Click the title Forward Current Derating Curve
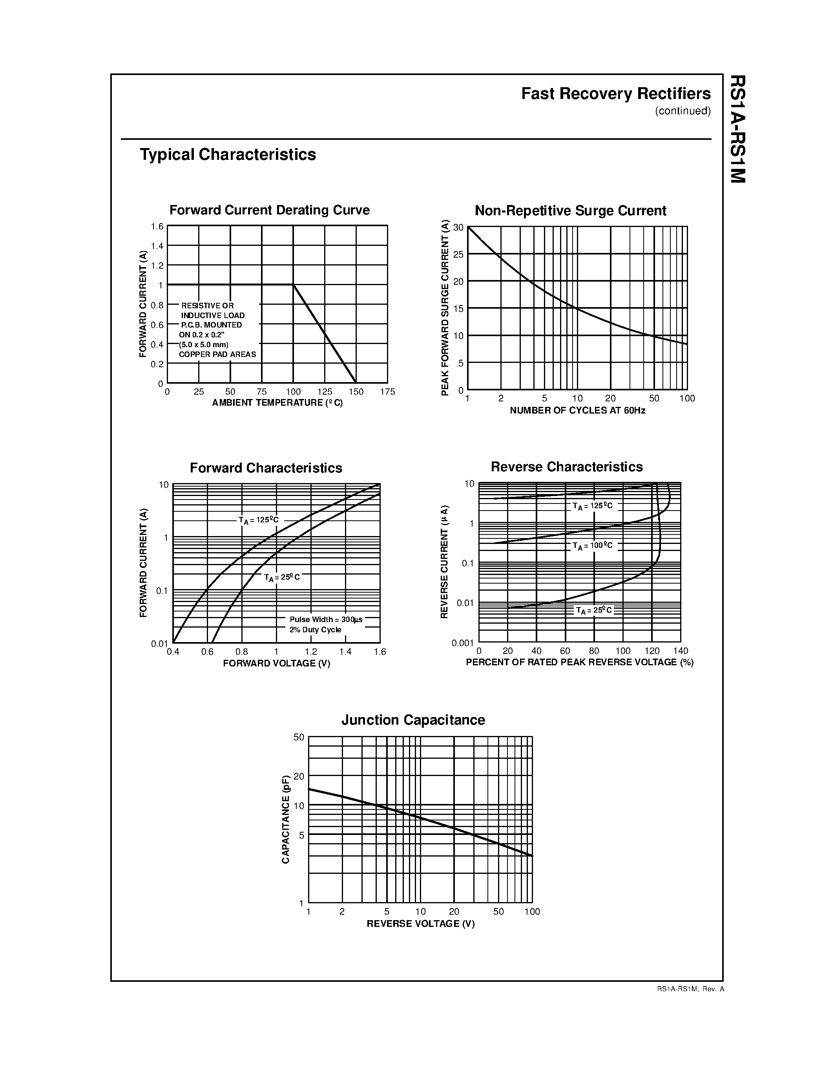(x=269, y=210)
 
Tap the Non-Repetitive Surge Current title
(x=570, y=211)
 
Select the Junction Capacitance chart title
(x=413, y=719)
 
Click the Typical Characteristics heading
(x=228, y=154)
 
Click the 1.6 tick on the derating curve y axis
(x=157, y=227)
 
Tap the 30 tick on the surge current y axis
(x=458, y=227)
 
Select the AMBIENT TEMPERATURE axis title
(x=277, y=403)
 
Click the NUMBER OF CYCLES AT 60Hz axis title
(x=577, y=410)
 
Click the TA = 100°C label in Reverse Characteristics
(x=592, y=545)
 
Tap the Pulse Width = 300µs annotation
(x=326, y=620)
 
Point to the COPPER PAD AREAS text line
(x=217, y=355)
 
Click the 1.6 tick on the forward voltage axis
(x=380, y=652)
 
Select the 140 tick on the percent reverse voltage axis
(x=680, y=651)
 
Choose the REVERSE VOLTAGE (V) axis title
(x=420, y=924)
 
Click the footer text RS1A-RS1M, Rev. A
(x=690, y=989)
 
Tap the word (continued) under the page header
(x=683, y=111)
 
